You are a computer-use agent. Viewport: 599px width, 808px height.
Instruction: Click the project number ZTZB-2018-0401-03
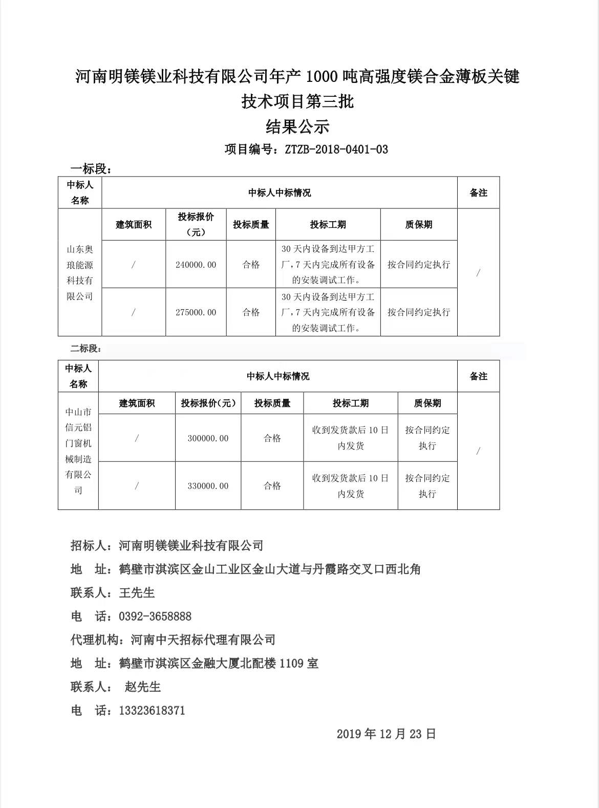click(x=336, y=150)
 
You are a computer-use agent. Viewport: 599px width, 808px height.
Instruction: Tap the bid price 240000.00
click(x=196, y=265)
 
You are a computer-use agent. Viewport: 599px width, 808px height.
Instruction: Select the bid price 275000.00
click(x=196, y=312)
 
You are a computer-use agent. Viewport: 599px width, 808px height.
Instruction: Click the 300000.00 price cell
click(x=208, y=438)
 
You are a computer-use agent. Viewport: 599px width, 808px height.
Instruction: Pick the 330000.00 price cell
click(x=208, y=486)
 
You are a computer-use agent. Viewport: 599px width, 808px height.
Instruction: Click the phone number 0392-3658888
click(x=155, y=616)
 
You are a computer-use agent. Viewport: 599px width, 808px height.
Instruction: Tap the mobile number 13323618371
click(x=152, y=711)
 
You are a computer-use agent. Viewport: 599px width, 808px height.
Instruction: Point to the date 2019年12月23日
click(x=386, y=734)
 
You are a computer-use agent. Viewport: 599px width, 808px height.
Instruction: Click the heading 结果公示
click(x=297, y=126)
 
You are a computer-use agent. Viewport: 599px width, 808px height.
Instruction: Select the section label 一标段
click(x=90, y=169)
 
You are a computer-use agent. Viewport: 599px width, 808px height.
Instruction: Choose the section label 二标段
click(x=85, y=349)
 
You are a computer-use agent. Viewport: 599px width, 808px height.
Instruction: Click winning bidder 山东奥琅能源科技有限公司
click(x=80, y=272)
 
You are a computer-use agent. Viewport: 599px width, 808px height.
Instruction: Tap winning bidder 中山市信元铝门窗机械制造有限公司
click(x=78, y=451)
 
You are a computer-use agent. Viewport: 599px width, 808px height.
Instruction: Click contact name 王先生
click(x=137, y=593)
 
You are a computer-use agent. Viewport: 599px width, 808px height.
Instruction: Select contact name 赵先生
click(x=143, y=687)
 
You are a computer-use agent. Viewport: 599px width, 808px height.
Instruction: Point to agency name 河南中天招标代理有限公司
click(x=203, y=640)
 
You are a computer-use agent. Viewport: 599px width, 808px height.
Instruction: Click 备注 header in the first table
click(x=478, y=193)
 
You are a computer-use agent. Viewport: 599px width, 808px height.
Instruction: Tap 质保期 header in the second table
click(x=427, y=403)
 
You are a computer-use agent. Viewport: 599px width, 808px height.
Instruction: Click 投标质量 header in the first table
click(x=251, y=225)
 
